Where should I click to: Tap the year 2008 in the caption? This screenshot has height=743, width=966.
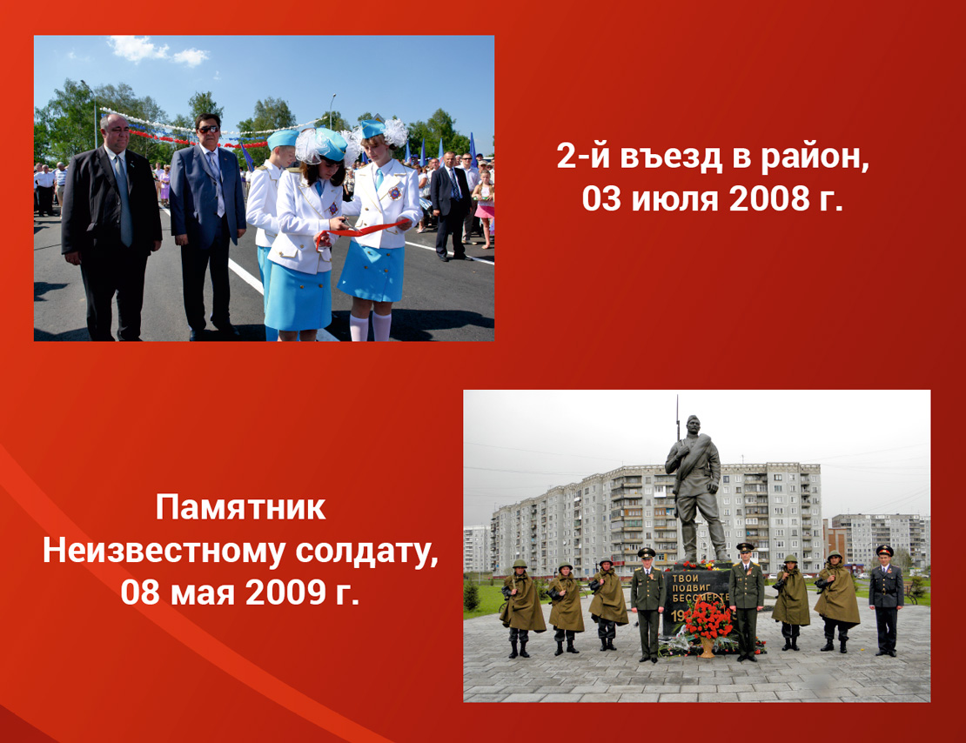point(769,198)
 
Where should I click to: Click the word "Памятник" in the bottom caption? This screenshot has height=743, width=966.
point(240,507)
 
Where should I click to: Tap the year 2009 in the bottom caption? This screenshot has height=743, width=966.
point(285,592)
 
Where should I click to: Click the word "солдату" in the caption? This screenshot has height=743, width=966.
point(367,552)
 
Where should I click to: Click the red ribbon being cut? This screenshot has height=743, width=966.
point(364,231)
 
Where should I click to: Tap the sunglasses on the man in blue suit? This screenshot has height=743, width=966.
point(208,129)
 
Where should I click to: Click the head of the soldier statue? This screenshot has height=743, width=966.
point(693,425)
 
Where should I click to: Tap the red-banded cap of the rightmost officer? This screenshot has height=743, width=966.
point(885,550)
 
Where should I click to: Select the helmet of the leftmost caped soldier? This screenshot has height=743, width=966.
point(520,563)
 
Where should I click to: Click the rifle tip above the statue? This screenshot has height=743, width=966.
point(677,399)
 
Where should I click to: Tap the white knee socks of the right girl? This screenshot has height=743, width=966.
point(371,326)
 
